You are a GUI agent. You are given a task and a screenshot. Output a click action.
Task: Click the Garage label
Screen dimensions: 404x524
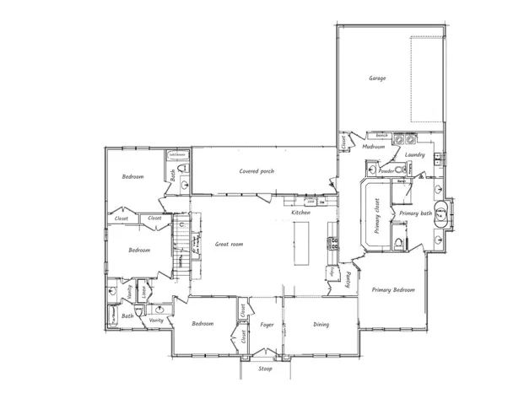point(377,78)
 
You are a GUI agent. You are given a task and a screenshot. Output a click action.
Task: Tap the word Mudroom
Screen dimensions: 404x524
point(373,147)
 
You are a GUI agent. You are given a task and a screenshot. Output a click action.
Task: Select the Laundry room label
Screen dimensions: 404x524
point(413,155)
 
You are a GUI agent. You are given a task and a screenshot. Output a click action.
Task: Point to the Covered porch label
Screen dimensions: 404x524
point(256,171)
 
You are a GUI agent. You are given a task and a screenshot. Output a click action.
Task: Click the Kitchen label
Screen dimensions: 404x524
point(300,213)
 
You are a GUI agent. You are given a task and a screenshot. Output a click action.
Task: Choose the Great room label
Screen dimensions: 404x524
point(230,244)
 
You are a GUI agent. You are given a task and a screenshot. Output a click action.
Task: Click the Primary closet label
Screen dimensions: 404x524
point(376,215)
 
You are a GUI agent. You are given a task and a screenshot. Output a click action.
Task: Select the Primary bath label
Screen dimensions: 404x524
point(415,214)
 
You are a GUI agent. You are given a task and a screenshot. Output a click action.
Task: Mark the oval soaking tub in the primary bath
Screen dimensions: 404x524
point(440,213)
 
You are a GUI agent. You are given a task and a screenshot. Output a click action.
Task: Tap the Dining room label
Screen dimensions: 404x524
point(321,325)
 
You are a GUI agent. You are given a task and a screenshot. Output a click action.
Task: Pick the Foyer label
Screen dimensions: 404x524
point(267,325)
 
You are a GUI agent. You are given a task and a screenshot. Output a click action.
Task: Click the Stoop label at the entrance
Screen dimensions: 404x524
point(264,369)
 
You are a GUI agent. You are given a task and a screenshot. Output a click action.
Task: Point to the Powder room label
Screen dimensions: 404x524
point(386,171)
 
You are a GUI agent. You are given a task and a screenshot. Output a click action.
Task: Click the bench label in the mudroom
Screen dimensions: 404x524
point(381,135)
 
